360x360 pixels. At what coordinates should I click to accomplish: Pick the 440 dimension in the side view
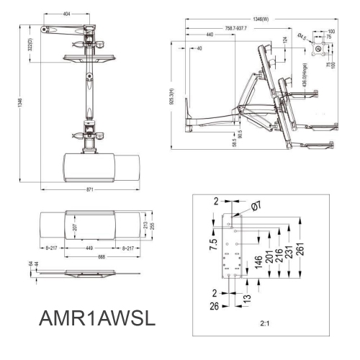point(209,35)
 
